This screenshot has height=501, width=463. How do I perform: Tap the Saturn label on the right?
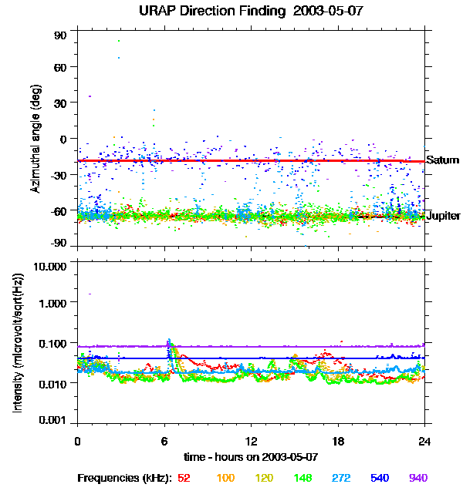coord(443,160)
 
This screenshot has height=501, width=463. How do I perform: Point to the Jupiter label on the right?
coord(444,216)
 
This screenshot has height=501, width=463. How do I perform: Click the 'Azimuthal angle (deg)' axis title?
coord(35,139)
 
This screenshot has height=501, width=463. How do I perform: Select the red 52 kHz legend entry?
coord(184,478)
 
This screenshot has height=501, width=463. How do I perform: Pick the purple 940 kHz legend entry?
coord(417,478)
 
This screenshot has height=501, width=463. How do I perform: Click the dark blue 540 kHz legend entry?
coord(379,478)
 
